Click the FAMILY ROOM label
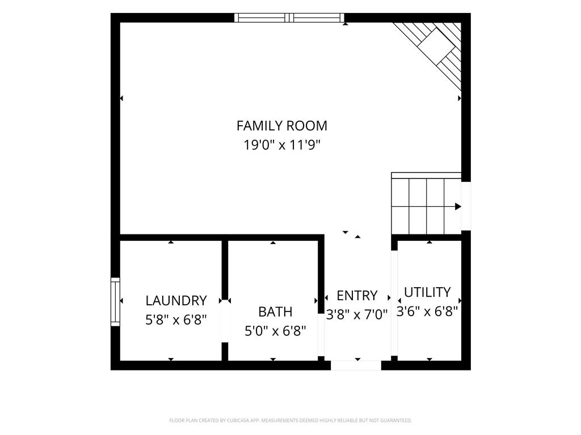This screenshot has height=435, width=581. coord(282,126)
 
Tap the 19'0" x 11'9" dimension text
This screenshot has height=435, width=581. coord(281,144)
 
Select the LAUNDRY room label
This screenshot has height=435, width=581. coord(176,300)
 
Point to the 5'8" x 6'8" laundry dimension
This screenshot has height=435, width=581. coord(176,319)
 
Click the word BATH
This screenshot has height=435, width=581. coord(275,312)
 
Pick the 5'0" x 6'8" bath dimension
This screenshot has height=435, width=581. coord(275,331)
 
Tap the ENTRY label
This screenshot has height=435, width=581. coord(357,296)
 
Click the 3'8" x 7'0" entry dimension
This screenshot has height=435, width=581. coord(357,314)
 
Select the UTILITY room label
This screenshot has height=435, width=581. coord(427,292)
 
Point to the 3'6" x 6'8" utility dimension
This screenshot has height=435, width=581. coord(427,311)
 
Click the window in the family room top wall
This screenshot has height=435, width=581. coord(289,18)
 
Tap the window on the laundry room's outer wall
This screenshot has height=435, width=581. coord(115,302)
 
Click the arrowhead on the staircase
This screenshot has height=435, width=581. coord(458,206)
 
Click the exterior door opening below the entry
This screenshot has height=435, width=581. coord(356,365)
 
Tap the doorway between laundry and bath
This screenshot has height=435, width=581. coord(225,321)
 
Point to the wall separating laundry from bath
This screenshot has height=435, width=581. coord(225,270)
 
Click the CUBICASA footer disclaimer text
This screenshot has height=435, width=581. coord(290,421)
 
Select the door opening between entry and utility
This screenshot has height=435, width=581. coord(394,303)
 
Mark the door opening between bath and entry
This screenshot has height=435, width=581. coord(321,335)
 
